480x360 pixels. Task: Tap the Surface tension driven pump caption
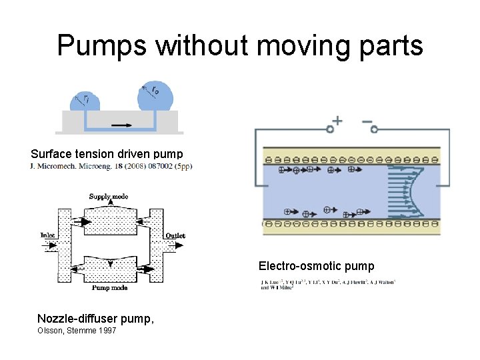[106, 154]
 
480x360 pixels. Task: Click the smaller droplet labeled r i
[85, 101]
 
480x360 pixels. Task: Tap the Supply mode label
[109, 197]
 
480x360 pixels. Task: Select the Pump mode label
[109, 288]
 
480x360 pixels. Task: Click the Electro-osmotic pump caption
[316, 267]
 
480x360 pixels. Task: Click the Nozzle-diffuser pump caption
[95, 319]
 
